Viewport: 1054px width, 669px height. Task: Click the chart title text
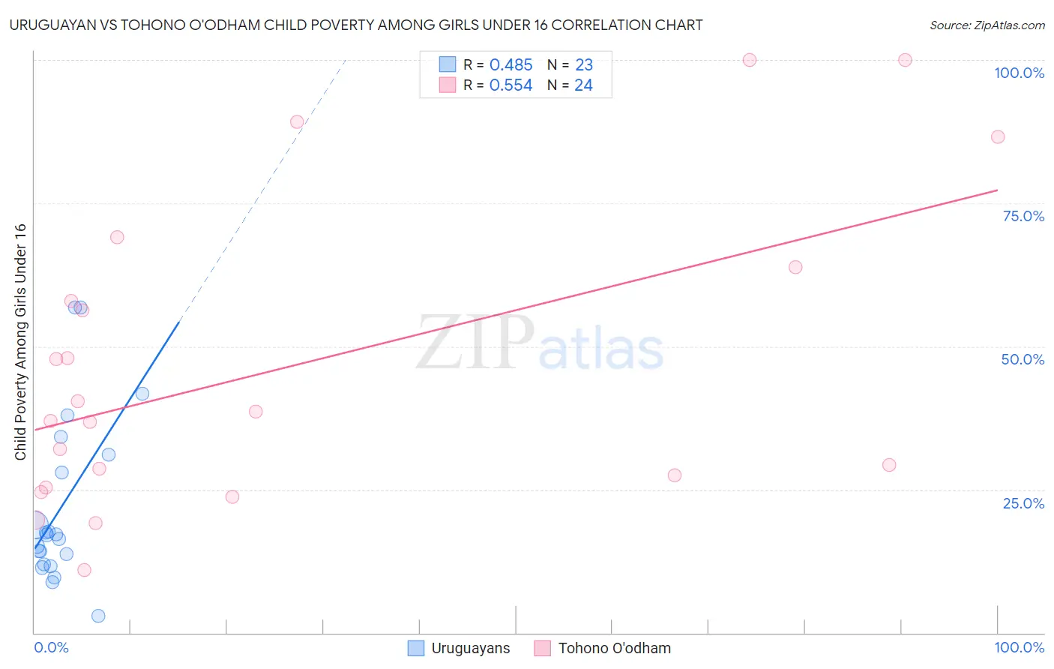pos(356,25)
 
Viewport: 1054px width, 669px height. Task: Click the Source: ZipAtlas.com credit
pos(987,25)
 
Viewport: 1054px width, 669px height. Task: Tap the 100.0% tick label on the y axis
pos(1019,73)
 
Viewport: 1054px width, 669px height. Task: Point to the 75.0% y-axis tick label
pos(1023,216)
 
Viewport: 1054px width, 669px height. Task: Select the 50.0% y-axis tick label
pos(1023,359)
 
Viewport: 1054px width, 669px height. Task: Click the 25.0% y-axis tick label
pos(1023,503)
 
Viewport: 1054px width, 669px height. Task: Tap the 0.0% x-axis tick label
pos(51,647)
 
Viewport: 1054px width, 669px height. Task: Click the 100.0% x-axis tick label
pos(1019,647)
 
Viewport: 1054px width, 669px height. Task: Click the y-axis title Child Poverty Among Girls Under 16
pos(20,342)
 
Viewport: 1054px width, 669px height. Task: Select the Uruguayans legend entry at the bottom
pos(459,648)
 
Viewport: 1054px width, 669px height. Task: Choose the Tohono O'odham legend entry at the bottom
pos(603,648)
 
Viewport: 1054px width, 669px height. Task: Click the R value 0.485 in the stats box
pos(511,65)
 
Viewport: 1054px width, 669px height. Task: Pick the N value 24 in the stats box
pos(583,85)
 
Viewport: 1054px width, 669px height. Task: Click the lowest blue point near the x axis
pos(98,616)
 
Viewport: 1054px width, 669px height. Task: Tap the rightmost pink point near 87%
pos(998,136)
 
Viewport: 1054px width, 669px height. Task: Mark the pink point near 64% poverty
pos(795,267)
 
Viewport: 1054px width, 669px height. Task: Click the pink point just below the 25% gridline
pos(232,496)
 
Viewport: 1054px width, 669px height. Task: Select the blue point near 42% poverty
pos(142,394)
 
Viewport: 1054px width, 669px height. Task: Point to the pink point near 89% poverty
pos(297,121)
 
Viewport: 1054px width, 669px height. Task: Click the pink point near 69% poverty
pos(117,237)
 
